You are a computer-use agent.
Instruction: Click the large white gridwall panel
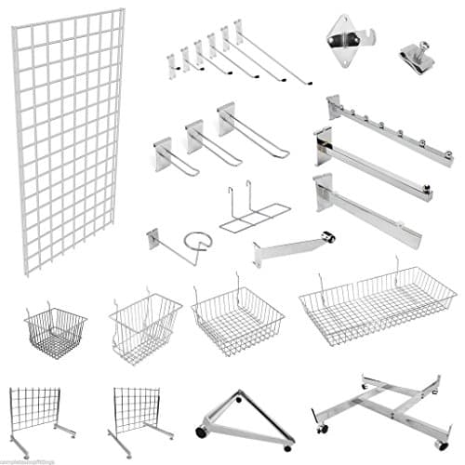tap(70, 139)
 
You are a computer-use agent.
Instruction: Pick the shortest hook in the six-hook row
tap(174, 63)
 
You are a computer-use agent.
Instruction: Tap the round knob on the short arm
tap(329, 237)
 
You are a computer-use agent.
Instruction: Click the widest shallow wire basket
tap(377, 301)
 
